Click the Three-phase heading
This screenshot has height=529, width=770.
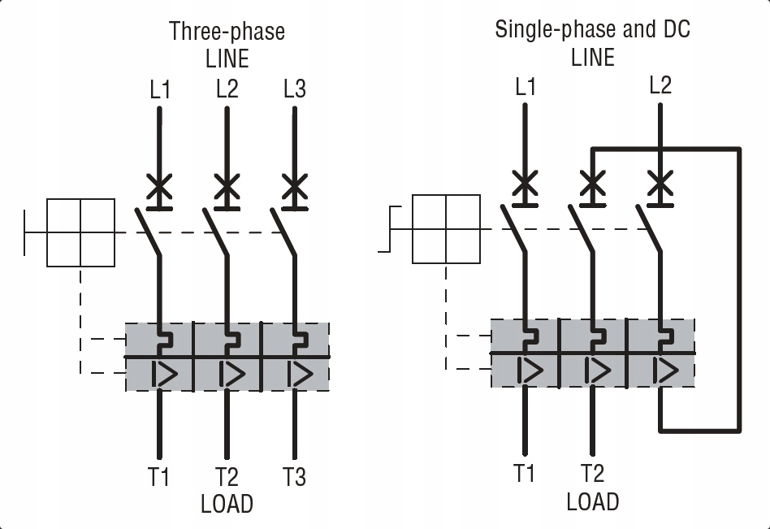coord(227,31)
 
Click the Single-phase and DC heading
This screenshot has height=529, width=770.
coord(592,29)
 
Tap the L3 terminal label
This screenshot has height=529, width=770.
coord(295,89)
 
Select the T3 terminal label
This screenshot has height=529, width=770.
coord(294,477)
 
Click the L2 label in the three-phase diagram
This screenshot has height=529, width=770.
coord(227,89)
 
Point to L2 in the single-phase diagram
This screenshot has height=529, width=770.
coord(660,85)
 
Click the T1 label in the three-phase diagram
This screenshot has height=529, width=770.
coord(158,477)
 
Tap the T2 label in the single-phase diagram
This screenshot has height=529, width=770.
coord(592,473)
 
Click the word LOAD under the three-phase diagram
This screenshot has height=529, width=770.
coord(227,504)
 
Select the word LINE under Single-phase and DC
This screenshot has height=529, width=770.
coord(593,58)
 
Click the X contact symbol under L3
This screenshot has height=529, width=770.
coord(295,187)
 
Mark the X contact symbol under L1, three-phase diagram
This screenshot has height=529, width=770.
coord(159,187)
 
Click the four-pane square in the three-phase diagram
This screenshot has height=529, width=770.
coord(80,233)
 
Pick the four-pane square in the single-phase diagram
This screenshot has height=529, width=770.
coord(446,229)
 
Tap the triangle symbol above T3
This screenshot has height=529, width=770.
coord(301,375)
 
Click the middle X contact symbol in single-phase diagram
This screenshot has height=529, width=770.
coord(593,183)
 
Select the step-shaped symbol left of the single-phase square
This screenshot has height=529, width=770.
coord(390,229)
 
